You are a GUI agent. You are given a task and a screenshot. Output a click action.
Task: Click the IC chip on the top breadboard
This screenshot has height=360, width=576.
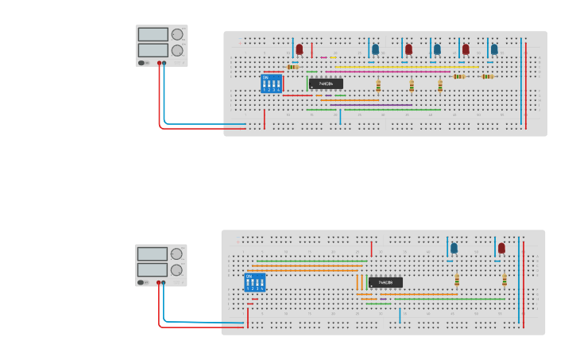(326, 83)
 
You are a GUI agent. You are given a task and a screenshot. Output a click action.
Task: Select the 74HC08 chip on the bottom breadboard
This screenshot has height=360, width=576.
(385, 282)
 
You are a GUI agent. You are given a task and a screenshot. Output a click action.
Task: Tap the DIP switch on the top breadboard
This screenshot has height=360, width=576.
(271, 84)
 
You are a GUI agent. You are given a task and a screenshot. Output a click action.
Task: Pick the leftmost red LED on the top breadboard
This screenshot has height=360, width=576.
(300, 49)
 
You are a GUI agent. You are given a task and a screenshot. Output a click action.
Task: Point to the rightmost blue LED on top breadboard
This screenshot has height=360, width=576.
(493, 49)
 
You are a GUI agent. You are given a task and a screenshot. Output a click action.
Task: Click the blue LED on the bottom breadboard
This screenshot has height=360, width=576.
(454, 248)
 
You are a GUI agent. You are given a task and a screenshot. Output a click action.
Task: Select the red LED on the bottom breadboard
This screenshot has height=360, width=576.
(501, 248)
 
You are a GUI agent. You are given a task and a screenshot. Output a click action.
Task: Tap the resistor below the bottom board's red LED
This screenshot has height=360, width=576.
(504, 280)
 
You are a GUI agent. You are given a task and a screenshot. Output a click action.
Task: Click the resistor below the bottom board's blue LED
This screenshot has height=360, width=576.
(457, 280)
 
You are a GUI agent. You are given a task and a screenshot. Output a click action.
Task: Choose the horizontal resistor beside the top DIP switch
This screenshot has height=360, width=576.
(292, 67)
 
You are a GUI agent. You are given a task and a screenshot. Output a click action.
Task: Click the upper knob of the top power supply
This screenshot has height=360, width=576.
(177, 35)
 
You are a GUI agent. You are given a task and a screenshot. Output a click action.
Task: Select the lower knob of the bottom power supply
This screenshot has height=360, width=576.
(176, 270)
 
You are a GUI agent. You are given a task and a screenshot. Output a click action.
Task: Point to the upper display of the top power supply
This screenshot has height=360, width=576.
(153, 35)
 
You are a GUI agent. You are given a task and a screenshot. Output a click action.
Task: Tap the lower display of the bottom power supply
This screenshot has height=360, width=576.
(151, 270)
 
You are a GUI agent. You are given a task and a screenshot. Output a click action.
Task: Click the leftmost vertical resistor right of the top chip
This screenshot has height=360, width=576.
(378, 86)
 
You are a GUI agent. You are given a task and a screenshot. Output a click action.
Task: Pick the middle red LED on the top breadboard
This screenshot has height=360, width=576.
(408, 49)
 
